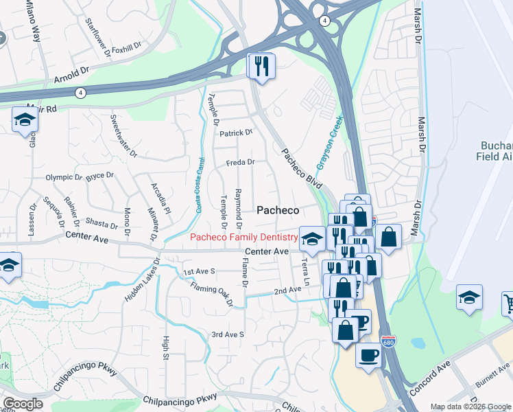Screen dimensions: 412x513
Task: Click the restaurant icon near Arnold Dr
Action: click(x=261, y=66)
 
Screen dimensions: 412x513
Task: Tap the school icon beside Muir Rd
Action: click(x=25, y=120)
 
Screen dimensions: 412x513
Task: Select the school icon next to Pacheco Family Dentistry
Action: click(x=312, y=238)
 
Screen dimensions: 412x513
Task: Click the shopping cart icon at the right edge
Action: click(x=508, y=302)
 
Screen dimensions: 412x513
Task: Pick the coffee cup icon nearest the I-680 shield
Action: click(x=369, y=355)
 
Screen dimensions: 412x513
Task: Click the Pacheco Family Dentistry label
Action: click(x=243, y=238)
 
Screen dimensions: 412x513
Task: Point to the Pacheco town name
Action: click(x=277, y=211)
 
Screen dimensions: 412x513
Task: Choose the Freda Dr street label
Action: click(x=241, y=163)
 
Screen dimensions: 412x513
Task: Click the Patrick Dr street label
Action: click(x=236, y=132)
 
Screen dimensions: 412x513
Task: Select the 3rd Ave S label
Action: click(x=228, y=334)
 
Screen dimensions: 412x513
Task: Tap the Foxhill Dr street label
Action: click(x=126, y=49)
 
